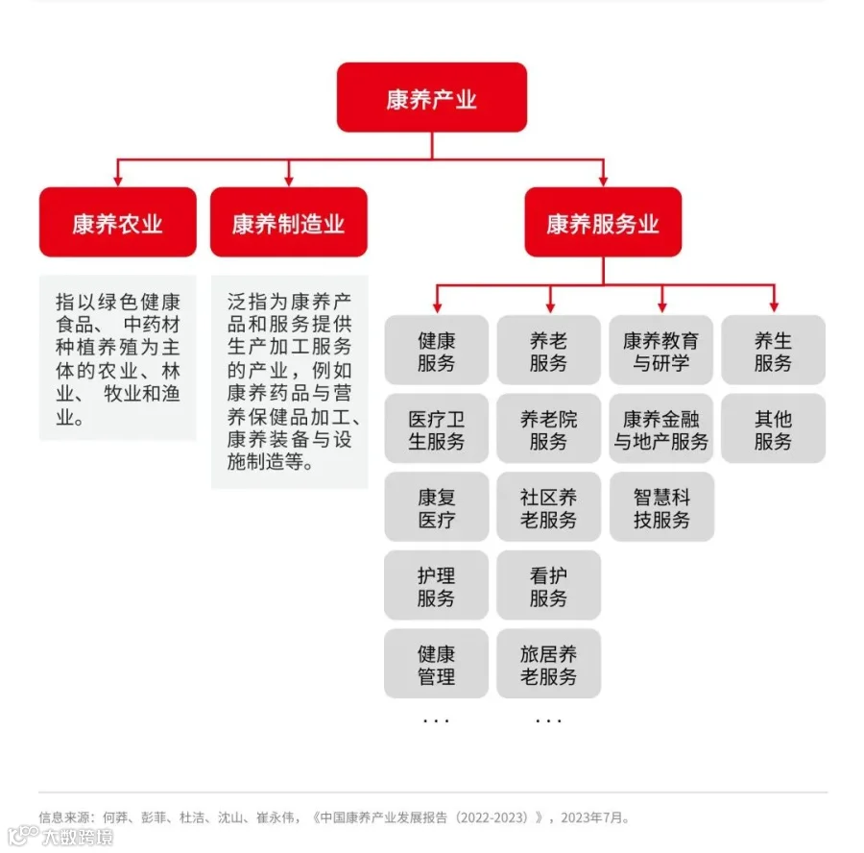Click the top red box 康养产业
coord(431,98)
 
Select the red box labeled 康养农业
coord(117,223)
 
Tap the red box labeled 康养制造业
coord(288,223)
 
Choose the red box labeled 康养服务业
coord(603,223)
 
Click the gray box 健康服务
coord(436,351)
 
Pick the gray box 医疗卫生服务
coord(436,429)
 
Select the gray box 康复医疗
coord(436,508)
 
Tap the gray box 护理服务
coord(436,586)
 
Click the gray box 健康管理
coord(436,665)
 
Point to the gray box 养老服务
coord(548,351)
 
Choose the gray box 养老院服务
coord(548,429)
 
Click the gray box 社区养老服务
coord(548,508)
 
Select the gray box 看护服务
coord(548,586)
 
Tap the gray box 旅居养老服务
coord(548,665)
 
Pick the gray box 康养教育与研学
coord(660,351)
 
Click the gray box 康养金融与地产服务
coord(660,429)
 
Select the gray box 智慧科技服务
coord(660,508)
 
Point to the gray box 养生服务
coord(773,351)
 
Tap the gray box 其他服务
coord(773,429)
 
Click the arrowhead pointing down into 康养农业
coord(117,180)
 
